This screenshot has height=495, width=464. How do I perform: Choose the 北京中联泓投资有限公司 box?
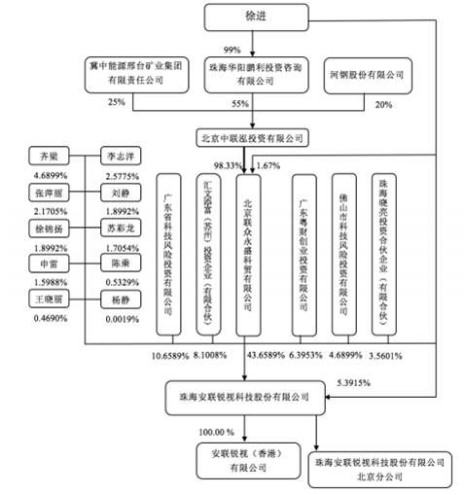pos(252,137)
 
